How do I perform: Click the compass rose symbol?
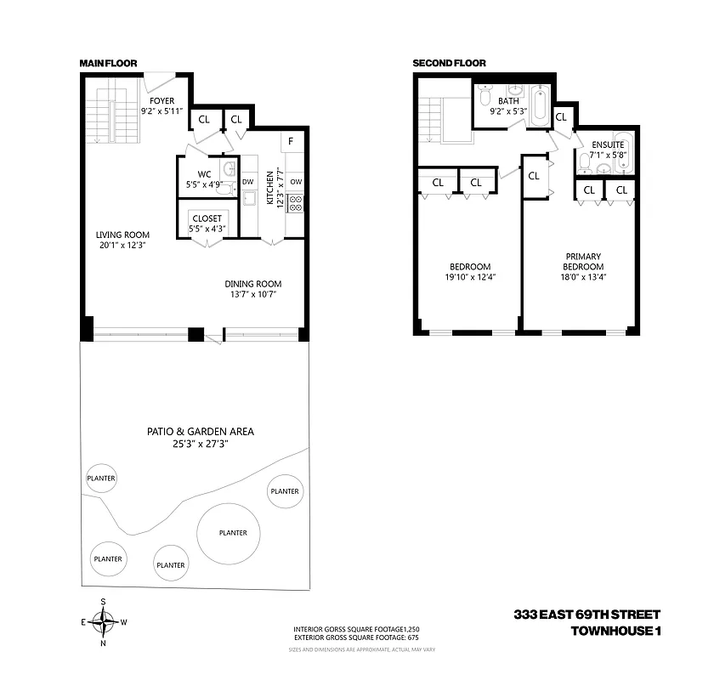104,622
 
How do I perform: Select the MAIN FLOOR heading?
108,63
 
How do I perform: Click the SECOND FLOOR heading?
449,63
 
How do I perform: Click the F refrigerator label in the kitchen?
291,141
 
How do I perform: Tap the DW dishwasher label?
248,181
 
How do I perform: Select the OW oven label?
296,181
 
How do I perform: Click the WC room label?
204,174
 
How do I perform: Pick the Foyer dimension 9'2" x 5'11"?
161,111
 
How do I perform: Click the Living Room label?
122,235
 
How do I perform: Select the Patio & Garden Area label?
200,431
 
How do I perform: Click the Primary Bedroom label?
583,261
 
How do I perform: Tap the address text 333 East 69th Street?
586,615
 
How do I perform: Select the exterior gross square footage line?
356,637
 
